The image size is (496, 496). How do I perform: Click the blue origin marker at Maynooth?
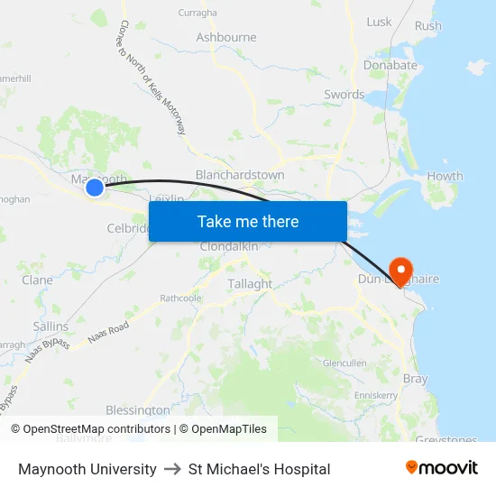(94, 187)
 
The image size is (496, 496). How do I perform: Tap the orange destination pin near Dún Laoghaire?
(398, 269)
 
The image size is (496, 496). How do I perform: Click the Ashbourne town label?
(226, 38)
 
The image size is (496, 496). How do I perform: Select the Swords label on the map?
(344, 95)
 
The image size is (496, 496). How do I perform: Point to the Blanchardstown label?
(240, 175)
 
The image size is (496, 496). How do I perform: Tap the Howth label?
(445, 177)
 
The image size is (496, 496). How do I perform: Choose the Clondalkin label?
(229, 246)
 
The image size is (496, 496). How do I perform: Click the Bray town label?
(415, 380)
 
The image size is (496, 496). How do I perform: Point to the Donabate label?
(390, 65)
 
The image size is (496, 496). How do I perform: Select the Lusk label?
(379, 22)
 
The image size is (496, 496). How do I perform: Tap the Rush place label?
(428, 25)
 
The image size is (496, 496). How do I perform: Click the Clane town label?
(37, 280)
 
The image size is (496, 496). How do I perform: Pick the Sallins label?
(50, 326)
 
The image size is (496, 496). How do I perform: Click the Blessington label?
(137, 409)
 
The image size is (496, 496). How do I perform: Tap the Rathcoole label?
(180, 298)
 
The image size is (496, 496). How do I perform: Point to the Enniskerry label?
(376, 395)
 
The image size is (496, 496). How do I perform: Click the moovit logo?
(442, 468)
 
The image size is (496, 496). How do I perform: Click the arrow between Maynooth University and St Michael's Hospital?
(172, 469)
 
